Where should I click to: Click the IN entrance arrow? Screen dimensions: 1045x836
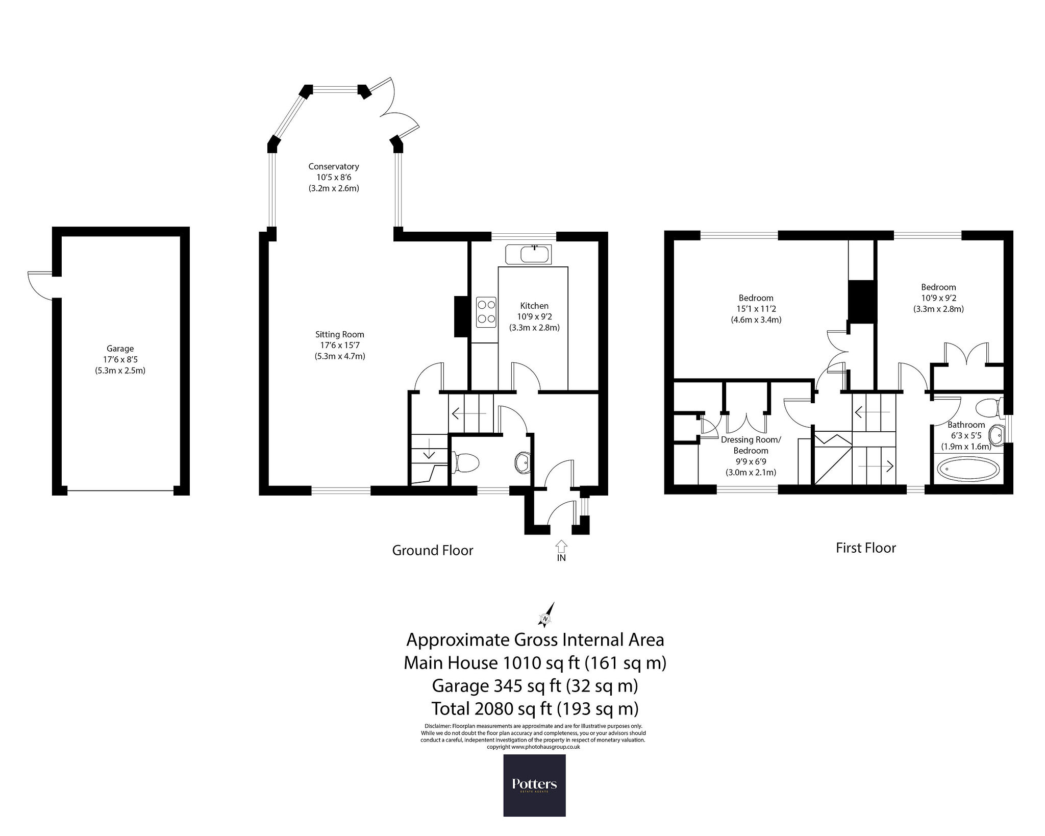(561, 546)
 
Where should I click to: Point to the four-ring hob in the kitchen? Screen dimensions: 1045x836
(486, 312)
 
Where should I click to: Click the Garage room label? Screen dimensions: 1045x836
(120, 349)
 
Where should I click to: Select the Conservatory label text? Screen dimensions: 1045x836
(334, 166)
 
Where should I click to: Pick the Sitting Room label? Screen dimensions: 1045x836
(340, 335)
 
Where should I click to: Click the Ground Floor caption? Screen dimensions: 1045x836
(433, 551)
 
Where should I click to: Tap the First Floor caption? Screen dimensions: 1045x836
(866, 548)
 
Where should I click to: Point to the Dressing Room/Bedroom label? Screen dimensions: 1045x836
(751, 445)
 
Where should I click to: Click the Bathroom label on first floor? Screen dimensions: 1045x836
(966, 425)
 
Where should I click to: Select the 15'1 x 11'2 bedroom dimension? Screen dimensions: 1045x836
(756, 309)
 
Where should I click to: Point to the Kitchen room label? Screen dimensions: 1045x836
(534, 306)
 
